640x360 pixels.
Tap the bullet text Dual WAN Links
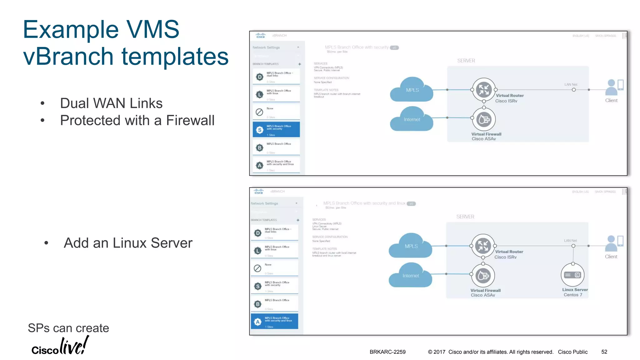click(111, 103)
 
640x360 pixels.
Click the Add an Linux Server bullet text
click(128, 243)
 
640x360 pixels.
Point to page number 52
click(604, 352)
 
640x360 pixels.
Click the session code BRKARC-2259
click(387, 352)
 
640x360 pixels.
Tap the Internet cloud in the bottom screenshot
click(410, 276)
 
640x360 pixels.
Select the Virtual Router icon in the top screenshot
click(484, 90)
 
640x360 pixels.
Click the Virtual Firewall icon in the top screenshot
click(484, 119)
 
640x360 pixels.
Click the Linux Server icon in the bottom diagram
click(572, 275)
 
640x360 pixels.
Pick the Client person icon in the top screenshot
click(611, 87)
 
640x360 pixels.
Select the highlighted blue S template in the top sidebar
click(276, 129)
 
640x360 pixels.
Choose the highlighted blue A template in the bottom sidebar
click(274, 321)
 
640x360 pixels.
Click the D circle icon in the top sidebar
click(259, 77)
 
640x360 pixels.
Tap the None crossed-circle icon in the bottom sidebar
click(257, 268)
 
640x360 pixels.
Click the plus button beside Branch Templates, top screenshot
click(299, 64)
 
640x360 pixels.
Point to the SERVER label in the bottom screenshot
click(465, 217)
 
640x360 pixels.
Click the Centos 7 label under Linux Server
click(573, 295)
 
